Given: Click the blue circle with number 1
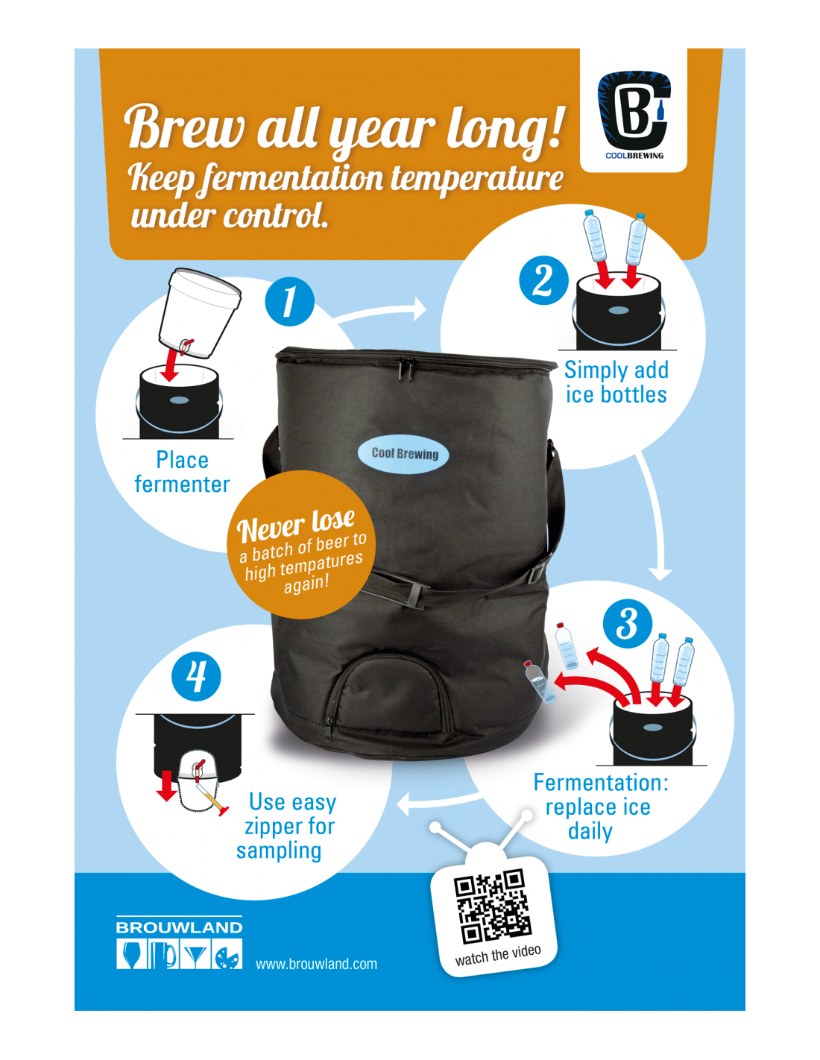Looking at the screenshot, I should click(x=289, y=301).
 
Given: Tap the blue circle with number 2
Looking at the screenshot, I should click(x=543, y=280).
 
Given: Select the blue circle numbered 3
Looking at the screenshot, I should click(x=628, y=623).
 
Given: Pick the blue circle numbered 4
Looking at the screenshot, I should click(x=196, y=677).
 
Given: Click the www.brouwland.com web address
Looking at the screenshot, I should click(x=316, y=964).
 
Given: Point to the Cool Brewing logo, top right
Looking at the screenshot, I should click(x=634, y=112).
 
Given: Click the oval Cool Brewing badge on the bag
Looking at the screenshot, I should click(x=404, y=453).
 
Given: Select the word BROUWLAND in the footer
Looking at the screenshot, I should click(x=179, y=927).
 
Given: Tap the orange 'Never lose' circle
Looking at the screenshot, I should click(x=301, y=545).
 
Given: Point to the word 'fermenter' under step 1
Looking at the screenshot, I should click(x=182, y=485).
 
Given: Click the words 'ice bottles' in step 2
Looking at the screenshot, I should click(x=616, y=394).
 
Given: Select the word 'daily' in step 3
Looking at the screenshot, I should click(x=590, y=831).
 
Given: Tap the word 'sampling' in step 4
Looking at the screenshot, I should click(x=279, y=851).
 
